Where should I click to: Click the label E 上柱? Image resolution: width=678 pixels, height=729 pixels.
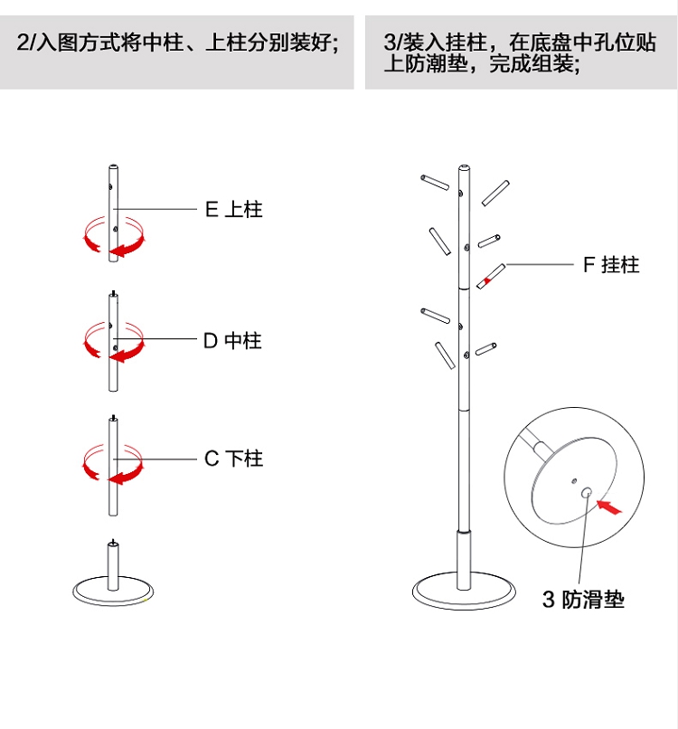233,210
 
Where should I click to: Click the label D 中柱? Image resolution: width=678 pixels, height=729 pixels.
231,341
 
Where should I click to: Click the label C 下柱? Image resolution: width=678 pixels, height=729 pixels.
233,459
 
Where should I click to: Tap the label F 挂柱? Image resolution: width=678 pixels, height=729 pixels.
610,265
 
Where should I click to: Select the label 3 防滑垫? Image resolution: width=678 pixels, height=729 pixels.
583,600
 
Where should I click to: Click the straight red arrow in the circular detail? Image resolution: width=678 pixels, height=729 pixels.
610,508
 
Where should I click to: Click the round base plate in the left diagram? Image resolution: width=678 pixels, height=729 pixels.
112,592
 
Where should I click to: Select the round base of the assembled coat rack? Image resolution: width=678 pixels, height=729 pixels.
464,592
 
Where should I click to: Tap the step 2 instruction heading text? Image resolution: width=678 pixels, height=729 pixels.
177,43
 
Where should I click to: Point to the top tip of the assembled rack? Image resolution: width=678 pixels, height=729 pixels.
464,168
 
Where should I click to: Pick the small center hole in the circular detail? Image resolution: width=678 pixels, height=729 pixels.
571,480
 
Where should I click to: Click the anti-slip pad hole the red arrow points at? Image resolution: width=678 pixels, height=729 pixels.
586,493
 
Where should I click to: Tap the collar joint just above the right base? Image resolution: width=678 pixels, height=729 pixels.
464,537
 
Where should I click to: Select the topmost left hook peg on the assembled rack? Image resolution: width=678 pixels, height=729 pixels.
434,182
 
